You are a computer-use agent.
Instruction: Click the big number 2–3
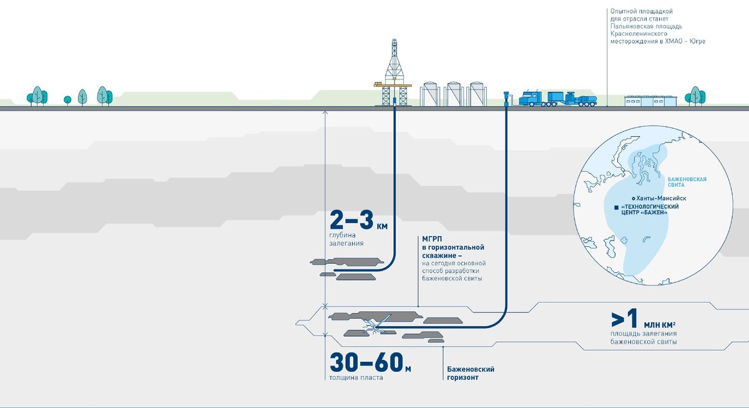(353, 221)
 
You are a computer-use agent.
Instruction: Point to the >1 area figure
(624, 319)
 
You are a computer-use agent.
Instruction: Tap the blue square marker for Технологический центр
(616, 207)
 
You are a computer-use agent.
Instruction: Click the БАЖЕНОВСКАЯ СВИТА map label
(687, 182)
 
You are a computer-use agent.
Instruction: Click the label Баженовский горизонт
(471, 374)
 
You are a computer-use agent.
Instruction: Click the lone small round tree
(67, 99)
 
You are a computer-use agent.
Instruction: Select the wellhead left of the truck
(506, 98)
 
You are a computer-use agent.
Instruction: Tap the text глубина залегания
(346, 239)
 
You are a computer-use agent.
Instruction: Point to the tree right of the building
(695, 96)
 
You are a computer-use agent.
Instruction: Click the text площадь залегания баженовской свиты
(644, 338)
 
